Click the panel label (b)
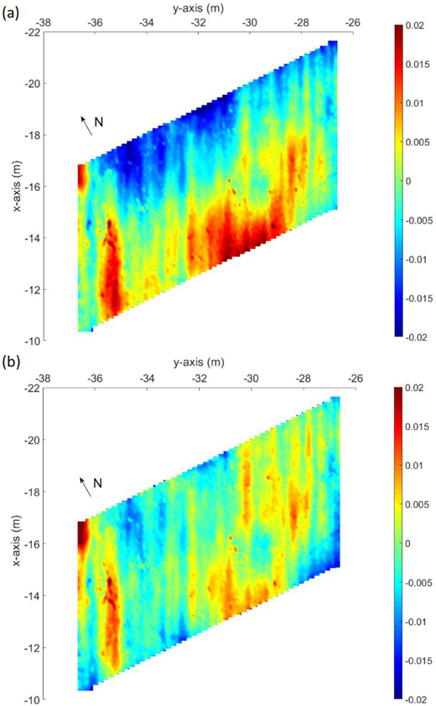(11, 363)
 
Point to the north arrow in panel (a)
(86, 126)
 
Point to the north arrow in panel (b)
(86, 487)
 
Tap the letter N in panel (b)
(97, 483)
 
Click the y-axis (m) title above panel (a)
(199, 8)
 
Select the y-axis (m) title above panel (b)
(199, 363)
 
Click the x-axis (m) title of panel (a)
(17, 186)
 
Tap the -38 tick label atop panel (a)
(43, 22)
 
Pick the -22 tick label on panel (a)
(32, 32)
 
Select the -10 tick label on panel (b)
(33, 700)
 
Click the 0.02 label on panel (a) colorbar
(414, 26)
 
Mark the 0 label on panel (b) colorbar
(408, 544)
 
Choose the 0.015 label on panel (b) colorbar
(417, 427)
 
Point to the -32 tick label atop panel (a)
(199, 22)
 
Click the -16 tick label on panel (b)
(33, 544)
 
